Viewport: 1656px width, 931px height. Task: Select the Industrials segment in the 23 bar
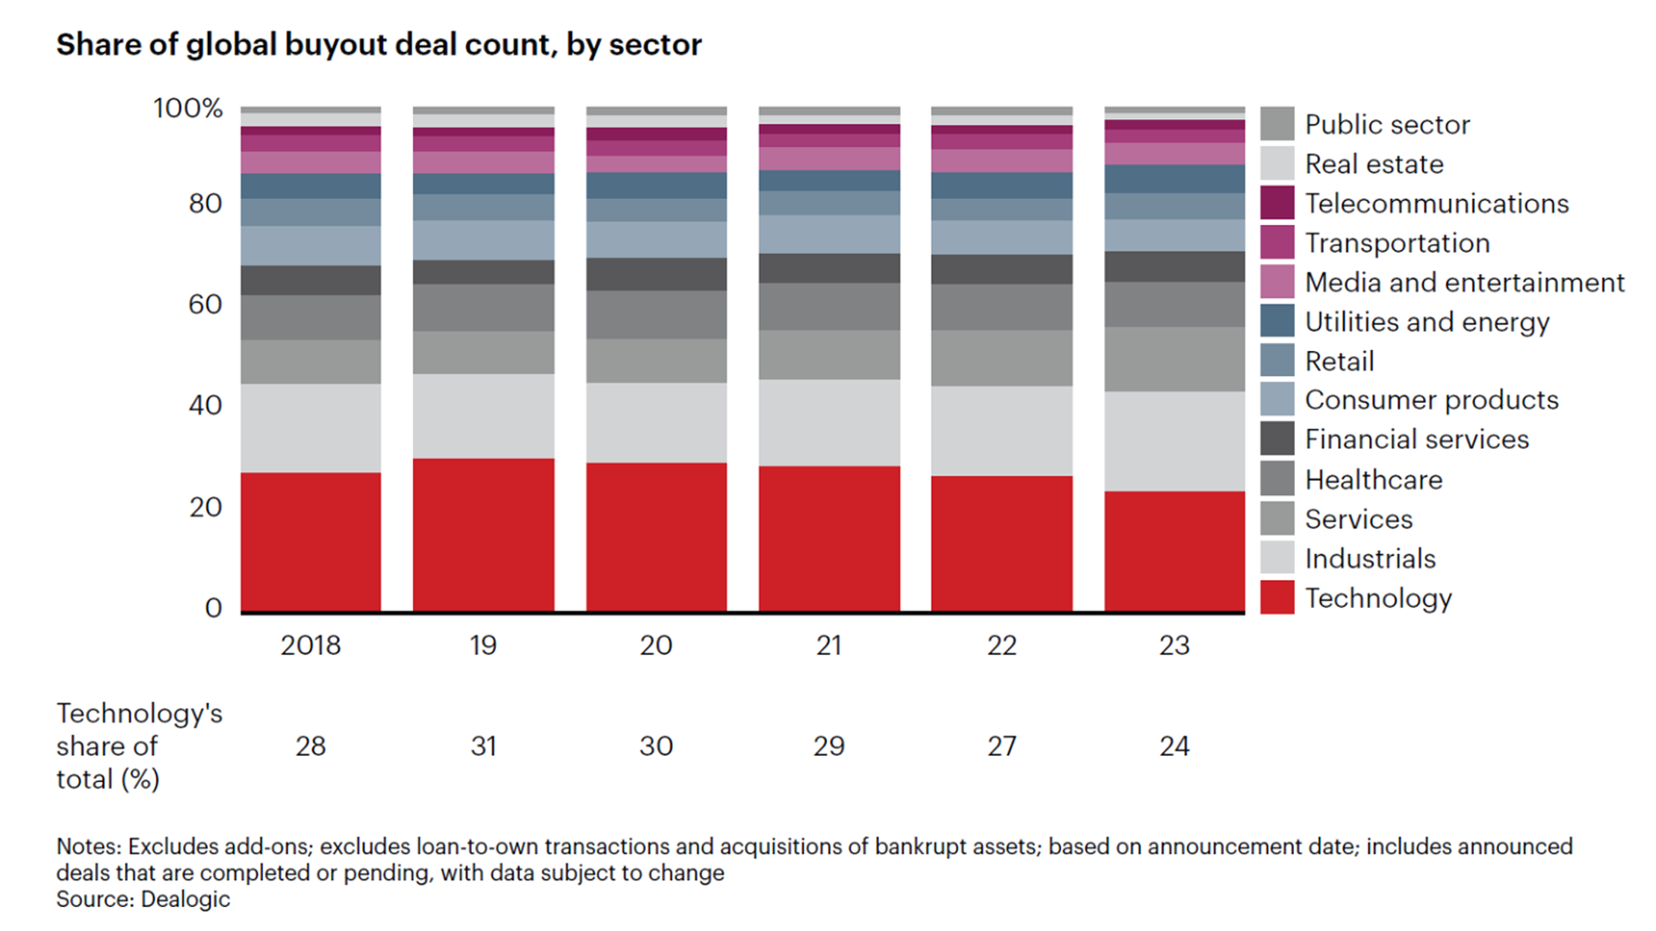point(1174,441)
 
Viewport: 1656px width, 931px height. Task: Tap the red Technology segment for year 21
point(829,539)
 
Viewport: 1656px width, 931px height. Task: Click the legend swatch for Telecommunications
point(1276,203)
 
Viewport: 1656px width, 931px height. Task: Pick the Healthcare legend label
point(1373,479)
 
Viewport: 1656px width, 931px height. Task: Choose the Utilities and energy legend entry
point(1427,322)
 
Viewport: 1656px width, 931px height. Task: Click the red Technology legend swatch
point(1276,597)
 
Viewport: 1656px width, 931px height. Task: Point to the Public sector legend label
point(1387,124)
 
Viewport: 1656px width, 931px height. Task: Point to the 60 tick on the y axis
point(205,304)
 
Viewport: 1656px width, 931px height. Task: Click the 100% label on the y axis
point(188,109)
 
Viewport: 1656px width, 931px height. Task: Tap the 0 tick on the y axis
point(213,608)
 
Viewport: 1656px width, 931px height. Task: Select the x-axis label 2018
point(310,645)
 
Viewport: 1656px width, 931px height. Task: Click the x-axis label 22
point(1001,645)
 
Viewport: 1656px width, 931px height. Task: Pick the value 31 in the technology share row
point(483,746)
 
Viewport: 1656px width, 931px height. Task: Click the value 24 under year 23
point(1174,746)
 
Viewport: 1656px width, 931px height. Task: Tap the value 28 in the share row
point(310,746)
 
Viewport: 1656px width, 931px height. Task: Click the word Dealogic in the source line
point(185,899)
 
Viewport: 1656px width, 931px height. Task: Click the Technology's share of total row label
point(138,746)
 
